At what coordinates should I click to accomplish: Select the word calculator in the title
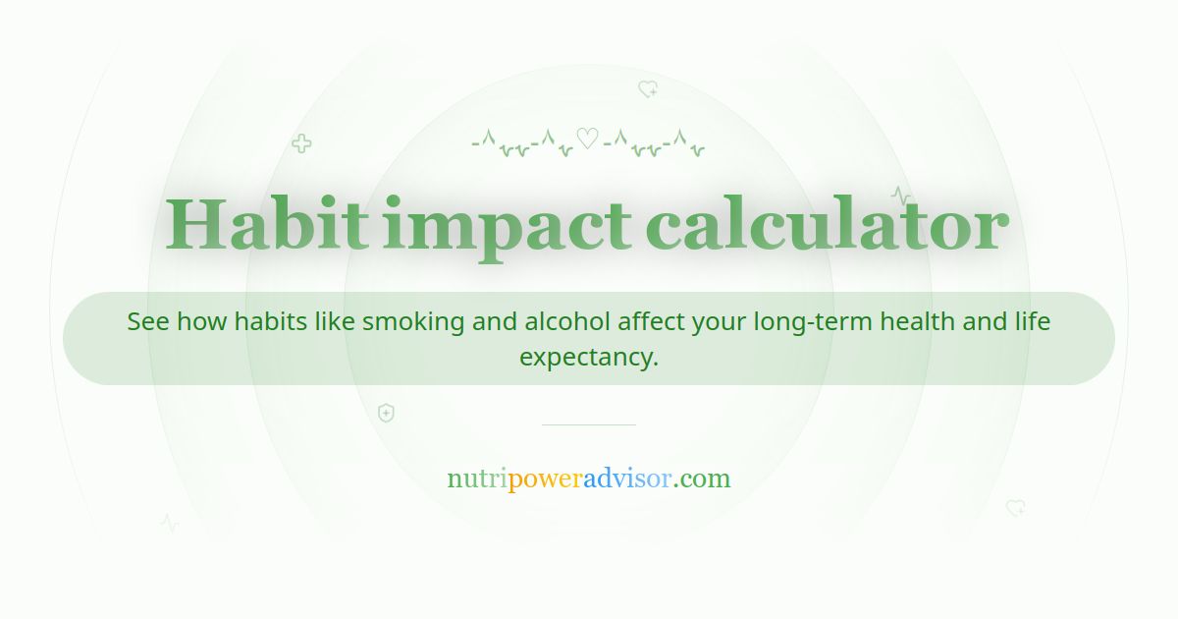[x=827, y=225]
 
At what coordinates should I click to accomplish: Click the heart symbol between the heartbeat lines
[x=587, y=139]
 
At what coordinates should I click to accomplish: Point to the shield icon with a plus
[x=386, y=413]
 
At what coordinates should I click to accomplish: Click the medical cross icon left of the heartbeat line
[x=301, y=143]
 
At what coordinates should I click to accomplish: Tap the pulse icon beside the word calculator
[x=900, y=195]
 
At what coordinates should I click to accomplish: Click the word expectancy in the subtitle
[x=588, y=357]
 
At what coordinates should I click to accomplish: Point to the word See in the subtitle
[x=148, y=321]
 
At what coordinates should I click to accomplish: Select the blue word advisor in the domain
[x=627, y=479]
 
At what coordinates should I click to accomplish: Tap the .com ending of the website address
[x=702, y=479]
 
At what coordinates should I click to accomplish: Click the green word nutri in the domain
[x=477, y=479]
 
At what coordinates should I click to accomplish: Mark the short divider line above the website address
[x=588, y=424]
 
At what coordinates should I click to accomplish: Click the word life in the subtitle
[x=1032, y=321]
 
